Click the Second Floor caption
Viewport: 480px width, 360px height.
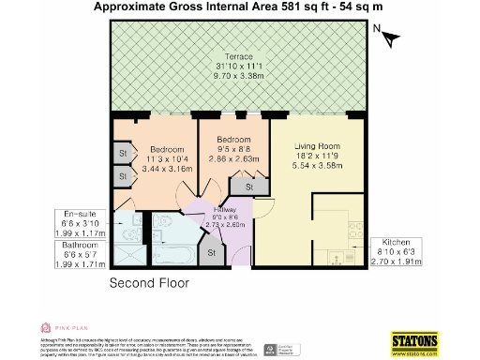(x=149, y=282)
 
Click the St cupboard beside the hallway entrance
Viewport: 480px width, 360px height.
(x=211, y=252)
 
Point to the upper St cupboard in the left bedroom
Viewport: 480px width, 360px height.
(x=123, y=151)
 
